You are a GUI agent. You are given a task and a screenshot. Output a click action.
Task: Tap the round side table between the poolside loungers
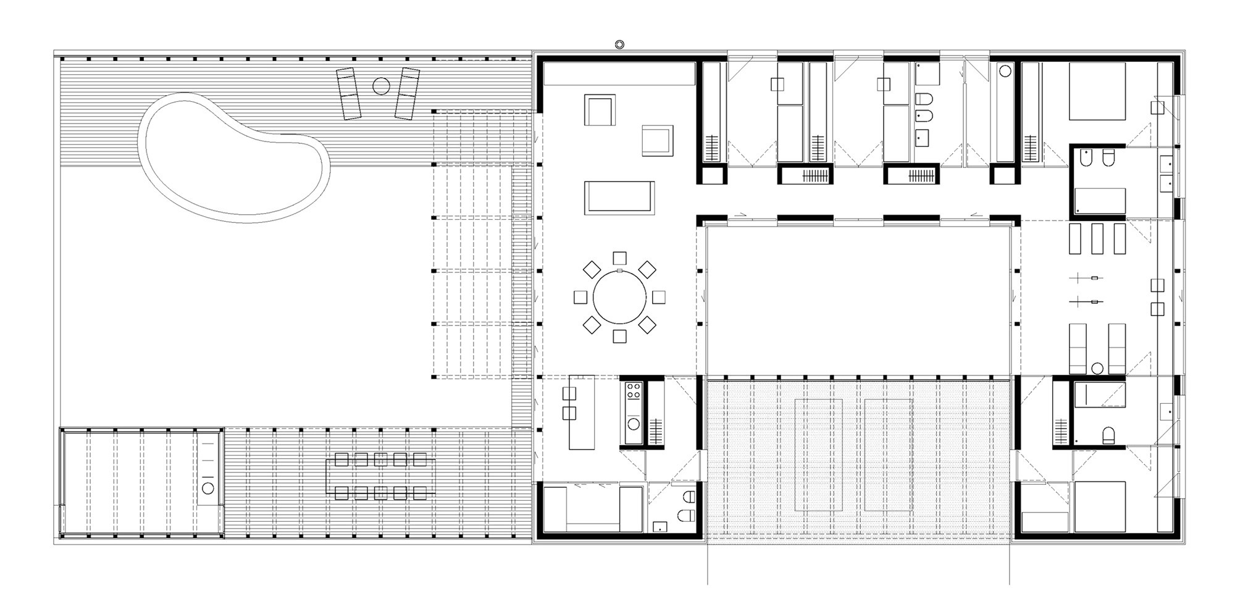point(381,86)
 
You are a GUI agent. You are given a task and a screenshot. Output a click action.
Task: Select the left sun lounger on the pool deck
point(348,94)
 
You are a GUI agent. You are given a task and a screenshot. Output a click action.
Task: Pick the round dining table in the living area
point(620,297)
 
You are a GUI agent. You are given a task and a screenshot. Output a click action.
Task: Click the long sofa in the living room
point(619,197)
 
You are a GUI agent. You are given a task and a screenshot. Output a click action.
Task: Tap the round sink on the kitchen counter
point(634,424)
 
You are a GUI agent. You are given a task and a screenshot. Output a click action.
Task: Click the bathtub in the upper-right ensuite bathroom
point(1100,201)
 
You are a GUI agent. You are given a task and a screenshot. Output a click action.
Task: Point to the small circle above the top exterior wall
point(619,43)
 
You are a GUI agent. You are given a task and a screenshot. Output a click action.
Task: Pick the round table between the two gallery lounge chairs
point(1097,369)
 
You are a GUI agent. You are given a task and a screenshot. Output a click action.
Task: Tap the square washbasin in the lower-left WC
point(659,526)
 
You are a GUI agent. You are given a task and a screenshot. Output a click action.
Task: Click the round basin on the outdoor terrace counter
point(208,488)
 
